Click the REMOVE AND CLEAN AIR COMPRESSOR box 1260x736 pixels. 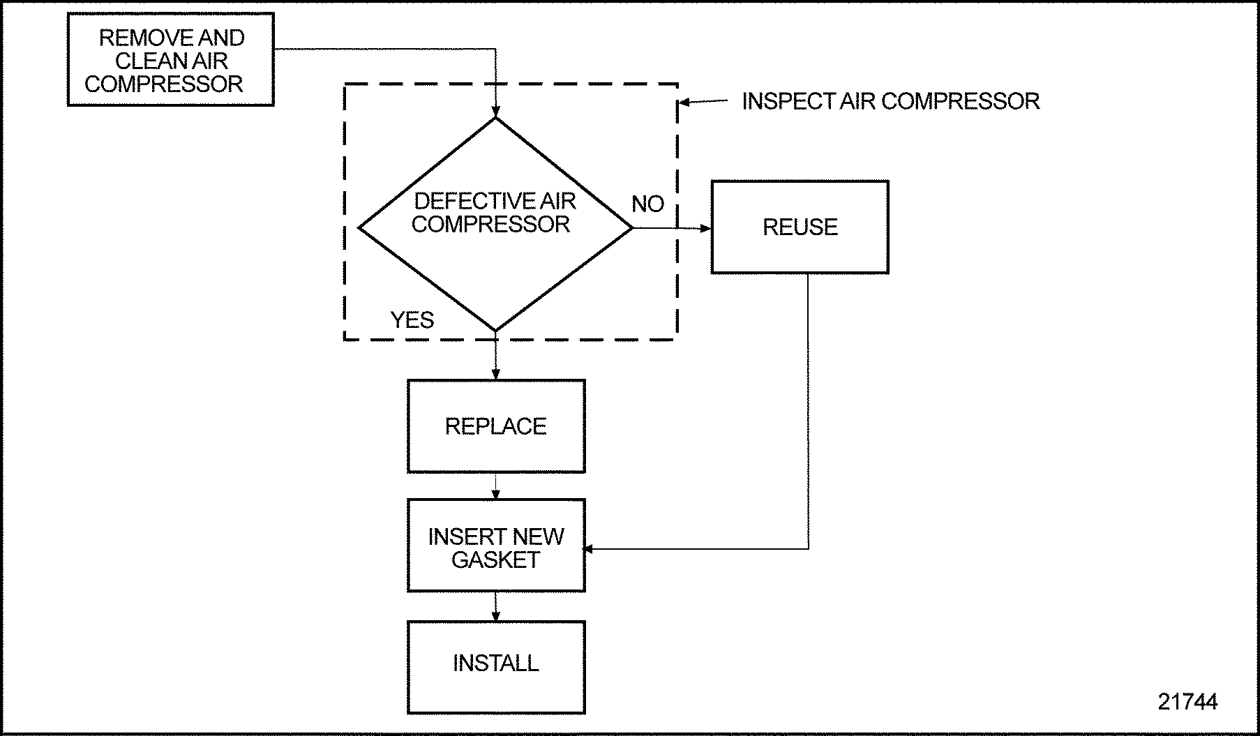coord(170,60)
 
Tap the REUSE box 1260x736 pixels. coord(800,227)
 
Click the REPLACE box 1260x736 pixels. coord(495,426)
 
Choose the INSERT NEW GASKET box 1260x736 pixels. coord(495,546)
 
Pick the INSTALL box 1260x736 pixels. coord(495,667)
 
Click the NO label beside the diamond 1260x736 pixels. coord(647,204)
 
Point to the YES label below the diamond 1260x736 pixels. coord(412,320)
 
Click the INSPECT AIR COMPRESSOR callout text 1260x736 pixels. coord(890,101)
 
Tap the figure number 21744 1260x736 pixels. coord(1187,701)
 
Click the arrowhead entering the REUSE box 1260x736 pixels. coord(705,228)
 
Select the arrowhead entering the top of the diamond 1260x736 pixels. coord(495,112)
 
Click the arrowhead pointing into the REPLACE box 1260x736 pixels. coord(495,374)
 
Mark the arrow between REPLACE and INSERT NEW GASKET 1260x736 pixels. coord(495,486)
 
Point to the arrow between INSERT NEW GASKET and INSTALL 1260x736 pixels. coord(495,607)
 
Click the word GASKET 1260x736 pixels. coord(495,559)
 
